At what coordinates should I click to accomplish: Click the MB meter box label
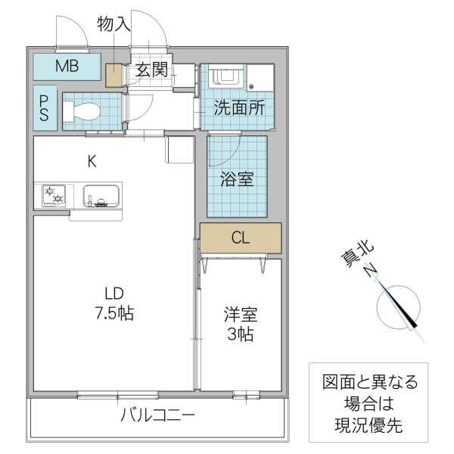[67, 66]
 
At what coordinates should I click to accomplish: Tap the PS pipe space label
[45, 107]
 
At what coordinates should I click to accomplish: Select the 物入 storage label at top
[114, 24]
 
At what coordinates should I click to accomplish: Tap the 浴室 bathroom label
[237, 179]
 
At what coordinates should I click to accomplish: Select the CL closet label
[241, 238]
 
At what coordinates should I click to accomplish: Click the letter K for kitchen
[91, 160]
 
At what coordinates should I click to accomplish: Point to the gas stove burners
[54, 196]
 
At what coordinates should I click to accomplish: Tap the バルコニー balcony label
[158, 415]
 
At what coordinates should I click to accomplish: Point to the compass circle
[396, 306]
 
